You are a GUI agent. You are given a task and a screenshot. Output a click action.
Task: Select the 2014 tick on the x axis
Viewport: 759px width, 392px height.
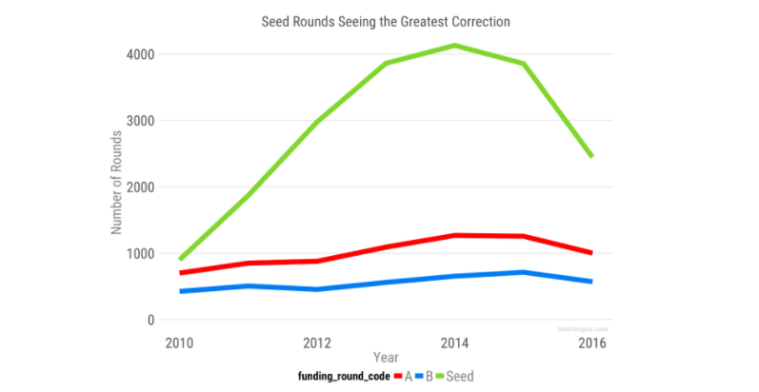456,342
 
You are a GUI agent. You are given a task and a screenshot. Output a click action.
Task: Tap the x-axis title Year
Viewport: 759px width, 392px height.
386,359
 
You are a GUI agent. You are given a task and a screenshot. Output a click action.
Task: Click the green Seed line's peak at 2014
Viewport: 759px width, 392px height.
456,46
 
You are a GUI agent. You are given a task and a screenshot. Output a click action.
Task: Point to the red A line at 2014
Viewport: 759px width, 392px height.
456,235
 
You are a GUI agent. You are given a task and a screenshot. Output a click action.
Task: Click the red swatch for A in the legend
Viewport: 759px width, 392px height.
396,377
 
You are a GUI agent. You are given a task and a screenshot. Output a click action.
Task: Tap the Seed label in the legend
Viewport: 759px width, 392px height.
460,377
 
